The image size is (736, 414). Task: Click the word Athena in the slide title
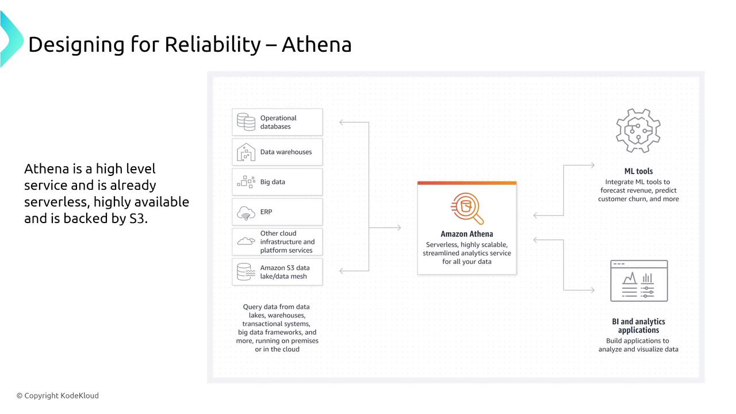point(316,44)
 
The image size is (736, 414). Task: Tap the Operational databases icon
point(246,122)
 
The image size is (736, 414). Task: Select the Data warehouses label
point(286,152)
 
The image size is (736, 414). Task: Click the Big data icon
point(246,182)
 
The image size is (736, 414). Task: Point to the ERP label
point(266,212)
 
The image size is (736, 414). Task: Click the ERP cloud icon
point(246,213)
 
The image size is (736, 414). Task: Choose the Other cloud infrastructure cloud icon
point(246,241)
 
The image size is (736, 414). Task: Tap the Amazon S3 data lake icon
point(246,272)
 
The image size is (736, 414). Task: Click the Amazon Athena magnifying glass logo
point(467,208)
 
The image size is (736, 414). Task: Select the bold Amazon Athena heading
point(466,234)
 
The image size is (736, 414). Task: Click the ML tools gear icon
point(638,131)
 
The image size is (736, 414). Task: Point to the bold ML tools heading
point(638,171)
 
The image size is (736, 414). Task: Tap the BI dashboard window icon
point(639,281)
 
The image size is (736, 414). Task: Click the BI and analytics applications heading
point(638,325)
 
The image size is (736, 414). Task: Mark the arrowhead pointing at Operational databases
point(342,122)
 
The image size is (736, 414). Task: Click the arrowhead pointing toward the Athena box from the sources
point(398,227)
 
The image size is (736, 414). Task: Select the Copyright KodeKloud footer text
point(58,396)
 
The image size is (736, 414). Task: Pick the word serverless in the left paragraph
point(57,202)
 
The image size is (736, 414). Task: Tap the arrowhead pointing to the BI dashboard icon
point(592,290)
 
